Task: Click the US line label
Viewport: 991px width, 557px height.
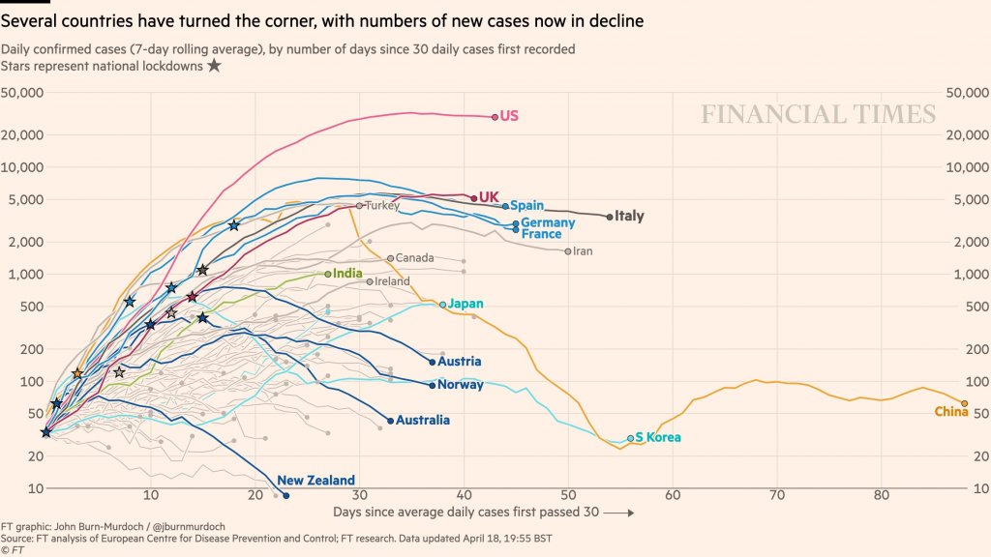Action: click(509, 116)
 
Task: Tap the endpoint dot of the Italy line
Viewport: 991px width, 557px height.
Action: click(610, 217)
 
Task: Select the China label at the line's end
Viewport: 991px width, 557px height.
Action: click(951, 413)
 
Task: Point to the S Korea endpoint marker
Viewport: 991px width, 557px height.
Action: click(631, 438)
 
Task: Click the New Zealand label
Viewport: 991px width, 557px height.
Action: click(315, 481)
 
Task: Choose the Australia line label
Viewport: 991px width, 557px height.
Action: click(423, 421)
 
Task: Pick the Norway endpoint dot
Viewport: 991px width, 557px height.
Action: click(433, 385)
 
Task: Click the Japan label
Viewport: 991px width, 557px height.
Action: click(465, 304)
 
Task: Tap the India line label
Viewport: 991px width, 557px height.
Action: click(348, 274)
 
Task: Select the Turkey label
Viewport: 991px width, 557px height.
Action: click(382, 205)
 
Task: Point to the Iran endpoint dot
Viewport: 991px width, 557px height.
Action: click(568, 251)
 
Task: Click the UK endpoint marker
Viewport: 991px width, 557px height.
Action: click(473, 197)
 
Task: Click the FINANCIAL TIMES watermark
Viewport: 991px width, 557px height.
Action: click(818, 115)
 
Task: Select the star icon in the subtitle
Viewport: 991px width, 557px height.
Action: click(214, 66)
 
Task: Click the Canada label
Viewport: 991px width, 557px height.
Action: click(415, 258)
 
